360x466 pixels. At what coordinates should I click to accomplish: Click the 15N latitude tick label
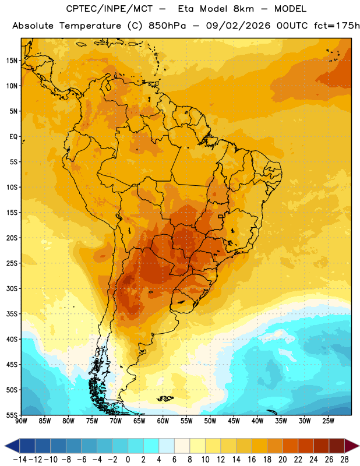pyautogui.click(x=12, y=61)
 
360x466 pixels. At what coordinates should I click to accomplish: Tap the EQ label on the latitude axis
pyautogui.click(x=13, y=137)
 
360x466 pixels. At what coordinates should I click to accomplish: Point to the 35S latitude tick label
pyautogui.click(x=12, y=314)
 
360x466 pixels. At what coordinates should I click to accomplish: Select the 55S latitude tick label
pyautogui.click(x=12, y=415)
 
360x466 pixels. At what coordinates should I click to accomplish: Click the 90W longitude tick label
pyautogui.click(x=22, y=421)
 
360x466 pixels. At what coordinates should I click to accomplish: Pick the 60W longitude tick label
pyautogui.click(x=163, y=421)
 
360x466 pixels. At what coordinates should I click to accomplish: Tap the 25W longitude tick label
pyautogui.click(x=328, y=421)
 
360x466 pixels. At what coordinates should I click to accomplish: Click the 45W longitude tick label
pyautogui.click(x=234, y=421)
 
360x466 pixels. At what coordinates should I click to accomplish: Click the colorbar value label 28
pyautogui.click(x=344, y=460)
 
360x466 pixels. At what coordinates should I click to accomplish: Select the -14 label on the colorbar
pyautogui.click(x=20, y=460)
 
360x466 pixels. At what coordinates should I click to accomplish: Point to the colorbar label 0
pyautogui.click(x=128, y=460)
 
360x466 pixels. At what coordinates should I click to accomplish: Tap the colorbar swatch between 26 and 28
pyautogui.click(x=337, y=446)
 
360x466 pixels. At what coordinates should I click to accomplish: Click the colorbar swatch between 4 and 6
pyautogui.click(x=167, y=446)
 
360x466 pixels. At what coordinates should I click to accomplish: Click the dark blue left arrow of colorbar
pyautogui.click(x=12, y=446)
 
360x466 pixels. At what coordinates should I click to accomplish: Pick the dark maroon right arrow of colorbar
pyautogui.click(x=352, y=446)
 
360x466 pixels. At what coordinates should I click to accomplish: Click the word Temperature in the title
pyautogui.click(x=90, y=26)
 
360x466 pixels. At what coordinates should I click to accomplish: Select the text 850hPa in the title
pyautogui.click(x=167, y=26)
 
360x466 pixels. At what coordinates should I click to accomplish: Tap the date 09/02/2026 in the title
pyautogui.click(x=238, y=26)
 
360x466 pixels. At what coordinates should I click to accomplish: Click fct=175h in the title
pyautogui.click(x=337, y=26)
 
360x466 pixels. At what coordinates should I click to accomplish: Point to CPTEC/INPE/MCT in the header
pyautogui.click(x=110, y=9)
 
